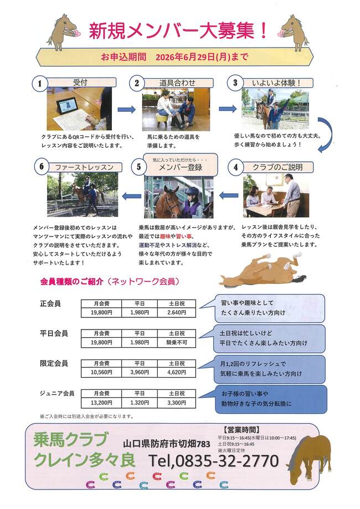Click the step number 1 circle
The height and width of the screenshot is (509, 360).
pos(39,84)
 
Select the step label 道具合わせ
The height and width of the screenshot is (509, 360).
pos(177,83)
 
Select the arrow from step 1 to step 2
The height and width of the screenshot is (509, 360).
pos(126,110)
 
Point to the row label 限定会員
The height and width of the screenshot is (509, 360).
pos(54,363)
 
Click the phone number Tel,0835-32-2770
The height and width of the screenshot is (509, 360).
pos(213,461)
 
